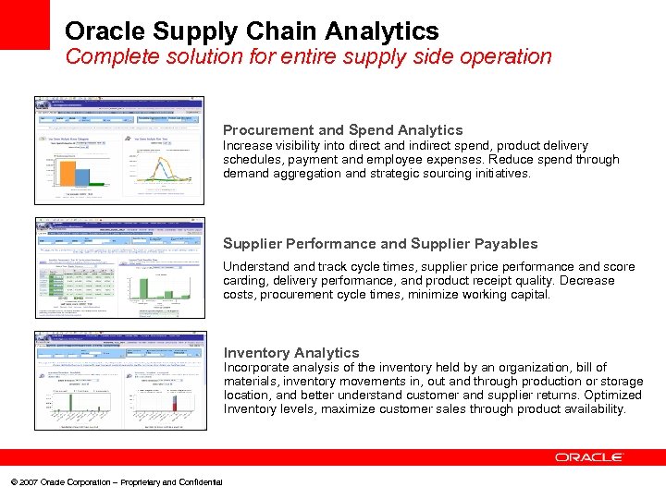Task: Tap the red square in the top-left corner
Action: click(x=24, y=24)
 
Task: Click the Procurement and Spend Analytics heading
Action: click(x=342, y=130)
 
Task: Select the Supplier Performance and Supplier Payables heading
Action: click(x=380, y=244)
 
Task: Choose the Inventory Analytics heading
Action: click(x=290, y=353)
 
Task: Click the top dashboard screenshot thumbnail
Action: click(x=119, y=150)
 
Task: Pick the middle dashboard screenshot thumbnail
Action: click(x=119, y=268)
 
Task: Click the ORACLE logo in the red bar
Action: click(x=589, y=457)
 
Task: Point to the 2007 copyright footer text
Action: click(x=116, y=482)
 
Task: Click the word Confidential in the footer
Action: click(x=200, y=482)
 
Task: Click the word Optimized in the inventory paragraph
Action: click(x=610, y=396)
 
